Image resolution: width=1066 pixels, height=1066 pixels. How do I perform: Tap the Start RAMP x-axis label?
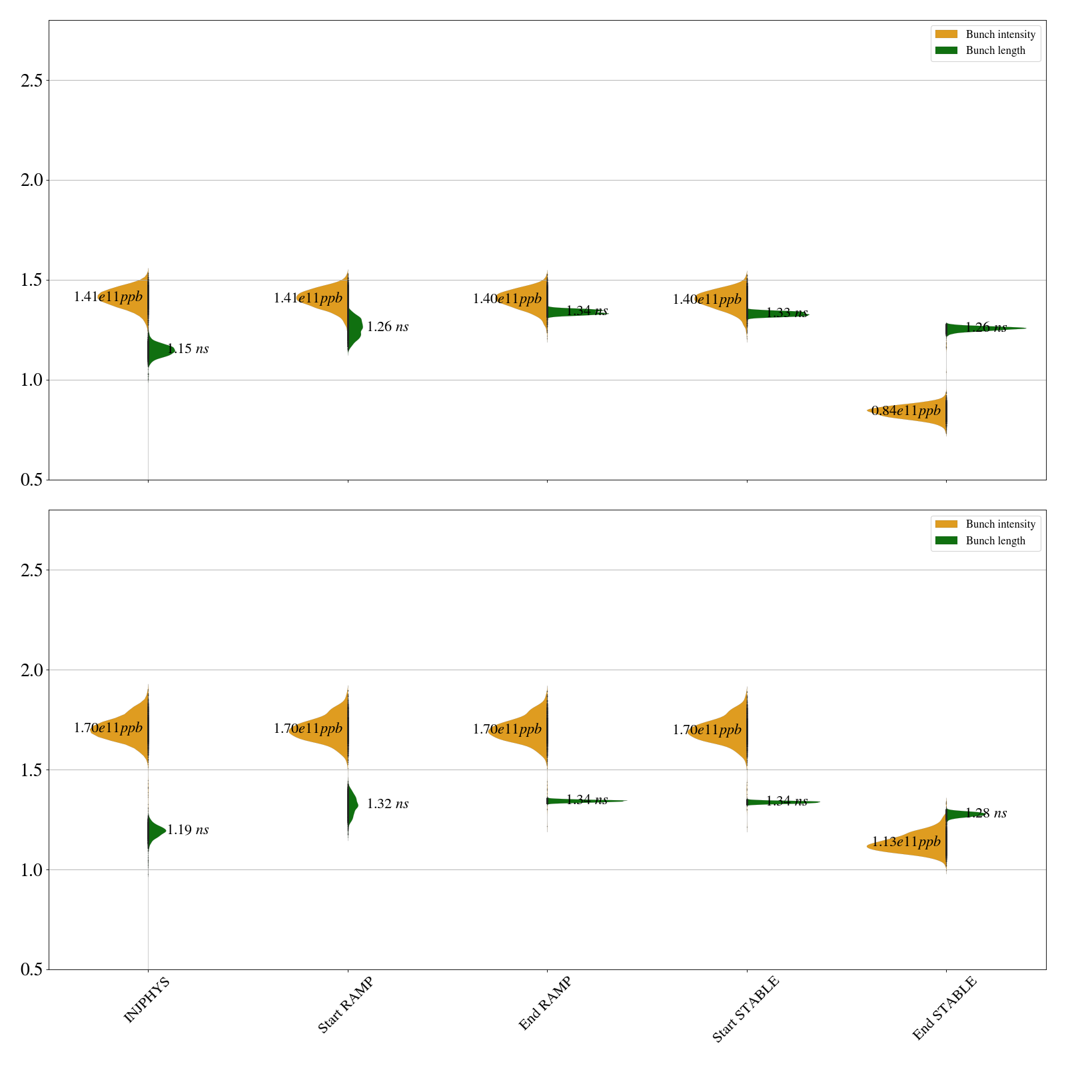pos(345,1005)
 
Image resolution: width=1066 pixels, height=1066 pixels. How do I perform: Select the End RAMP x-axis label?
pos(545,1003)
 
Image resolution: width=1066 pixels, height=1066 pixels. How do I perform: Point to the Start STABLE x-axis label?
pos(745,1009)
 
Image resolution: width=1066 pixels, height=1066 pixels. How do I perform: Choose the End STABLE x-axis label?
pos(944,1007)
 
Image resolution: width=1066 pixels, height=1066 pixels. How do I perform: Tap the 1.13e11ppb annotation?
pos(906,842)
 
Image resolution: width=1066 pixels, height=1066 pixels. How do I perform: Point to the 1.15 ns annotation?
pos(188,348)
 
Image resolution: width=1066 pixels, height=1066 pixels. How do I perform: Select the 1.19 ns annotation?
pos(188,829)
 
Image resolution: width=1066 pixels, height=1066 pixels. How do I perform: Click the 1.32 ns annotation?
pos(388,803)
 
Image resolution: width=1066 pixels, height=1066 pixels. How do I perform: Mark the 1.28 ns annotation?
pos(986,813)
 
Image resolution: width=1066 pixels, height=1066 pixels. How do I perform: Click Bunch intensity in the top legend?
pos(1000,35)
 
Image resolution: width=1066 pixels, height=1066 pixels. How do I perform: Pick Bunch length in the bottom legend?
pos(995,540)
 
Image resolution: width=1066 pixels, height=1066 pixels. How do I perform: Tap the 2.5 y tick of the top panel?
pos(31,81)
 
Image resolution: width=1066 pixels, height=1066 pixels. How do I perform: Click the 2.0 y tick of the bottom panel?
pos(31,670)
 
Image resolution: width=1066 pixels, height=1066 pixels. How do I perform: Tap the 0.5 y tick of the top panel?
pos(31,480)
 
